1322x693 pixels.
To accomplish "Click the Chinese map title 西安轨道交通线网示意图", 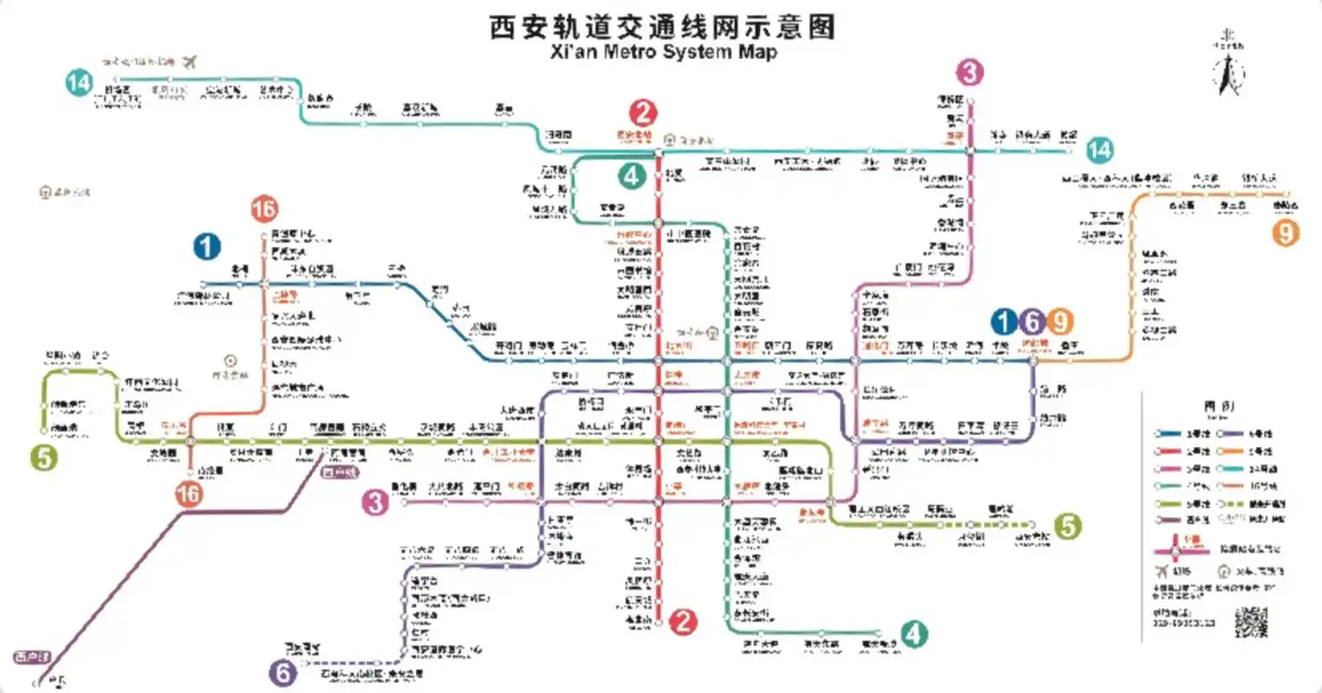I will pyautogui.click(x=662, y=26).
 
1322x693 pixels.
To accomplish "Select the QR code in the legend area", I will pyautogui.click(x=1250, y=621).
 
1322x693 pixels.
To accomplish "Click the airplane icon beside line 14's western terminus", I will pyautogui.click(x=191, y=62).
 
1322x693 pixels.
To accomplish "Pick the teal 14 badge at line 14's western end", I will pyautogui.click(x=79, y=82).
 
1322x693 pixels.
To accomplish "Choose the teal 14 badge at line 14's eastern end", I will pyautogui.click(x=1098, y=150).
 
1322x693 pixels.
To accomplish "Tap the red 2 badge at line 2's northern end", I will pyautogui.click(x=643, y=113).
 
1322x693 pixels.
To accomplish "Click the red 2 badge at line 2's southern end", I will pyautogui.click(x=684, y=620).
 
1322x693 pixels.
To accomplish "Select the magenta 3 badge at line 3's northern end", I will pyautogui.click(x=969, y=72).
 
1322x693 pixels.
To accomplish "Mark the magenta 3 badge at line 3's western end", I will pyautogui.click(x=375, y=502).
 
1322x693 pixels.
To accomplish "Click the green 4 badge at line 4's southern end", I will pyautogui.click(x=913, y=634).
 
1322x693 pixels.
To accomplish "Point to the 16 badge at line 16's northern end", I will pyautogui.click(x=263, y=209).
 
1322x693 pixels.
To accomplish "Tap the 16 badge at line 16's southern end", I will pyautogui.click(x=188, y=494).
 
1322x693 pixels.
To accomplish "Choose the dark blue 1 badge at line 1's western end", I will pyautogui.click(x=206, y=247).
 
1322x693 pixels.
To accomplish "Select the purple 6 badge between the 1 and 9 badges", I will pyautogui.click(x=1031, y=322).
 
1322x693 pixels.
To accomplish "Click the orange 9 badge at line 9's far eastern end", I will pyautogui.click(x=1286, y=232).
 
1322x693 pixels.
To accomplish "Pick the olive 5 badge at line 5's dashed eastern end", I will pyautogui.click(x=1067, y=525).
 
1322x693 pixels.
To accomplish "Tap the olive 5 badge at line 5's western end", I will pyautogui.click(x=43, y=457).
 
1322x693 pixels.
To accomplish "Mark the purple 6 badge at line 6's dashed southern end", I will pyautogui.click(x=283, y=672).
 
